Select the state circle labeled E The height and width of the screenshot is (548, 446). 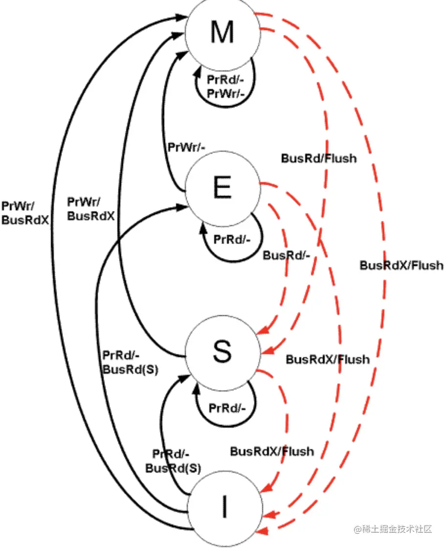click(x=222, y=189)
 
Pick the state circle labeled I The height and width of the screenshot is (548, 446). click(x=224, y=509)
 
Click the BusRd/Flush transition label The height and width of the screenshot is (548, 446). click(x=318, y=159)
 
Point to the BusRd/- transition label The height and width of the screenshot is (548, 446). click(x=287, y=256)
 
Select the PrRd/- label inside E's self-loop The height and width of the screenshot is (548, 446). click(x=232, y=240)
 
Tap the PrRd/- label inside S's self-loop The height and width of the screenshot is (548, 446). click(x=226, y=408)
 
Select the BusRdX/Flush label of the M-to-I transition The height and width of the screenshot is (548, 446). click(x=401, y=265)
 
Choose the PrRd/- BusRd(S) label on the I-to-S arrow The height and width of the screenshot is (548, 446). click(x=174, y=460)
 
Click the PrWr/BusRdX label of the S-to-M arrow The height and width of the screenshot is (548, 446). click(x=91, y=208)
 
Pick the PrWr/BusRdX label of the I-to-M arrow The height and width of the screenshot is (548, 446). click(x=25, y=212)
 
